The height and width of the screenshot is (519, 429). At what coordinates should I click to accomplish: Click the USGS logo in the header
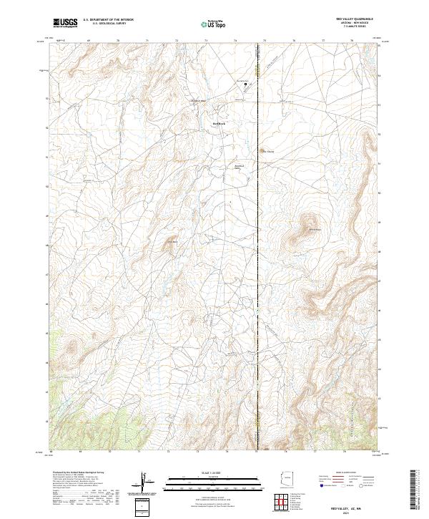66,23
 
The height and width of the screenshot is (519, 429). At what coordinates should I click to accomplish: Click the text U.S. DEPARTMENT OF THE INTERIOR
108,20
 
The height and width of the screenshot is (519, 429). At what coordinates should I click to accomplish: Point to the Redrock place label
219,122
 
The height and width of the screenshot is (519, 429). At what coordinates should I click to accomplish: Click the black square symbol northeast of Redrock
245,84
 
